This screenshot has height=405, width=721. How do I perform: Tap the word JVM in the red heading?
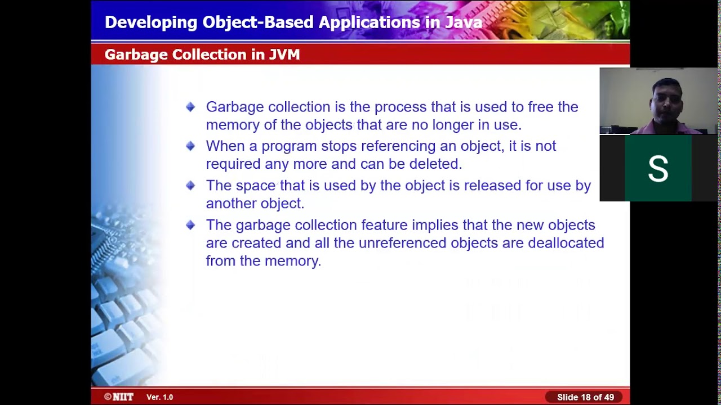284,55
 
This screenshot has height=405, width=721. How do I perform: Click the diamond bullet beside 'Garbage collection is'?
190,107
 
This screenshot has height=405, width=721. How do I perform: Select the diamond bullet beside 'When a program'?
190,146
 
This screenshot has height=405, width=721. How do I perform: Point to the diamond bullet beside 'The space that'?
190,186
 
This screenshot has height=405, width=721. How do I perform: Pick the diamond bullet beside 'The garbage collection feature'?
190,225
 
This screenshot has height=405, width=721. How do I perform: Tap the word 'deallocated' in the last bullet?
566,243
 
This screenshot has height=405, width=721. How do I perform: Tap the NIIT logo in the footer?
119,397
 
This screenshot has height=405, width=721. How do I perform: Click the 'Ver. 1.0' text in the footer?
160,397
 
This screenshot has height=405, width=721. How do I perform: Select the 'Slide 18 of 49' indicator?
585,397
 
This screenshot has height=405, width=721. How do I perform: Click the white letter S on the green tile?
658,169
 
